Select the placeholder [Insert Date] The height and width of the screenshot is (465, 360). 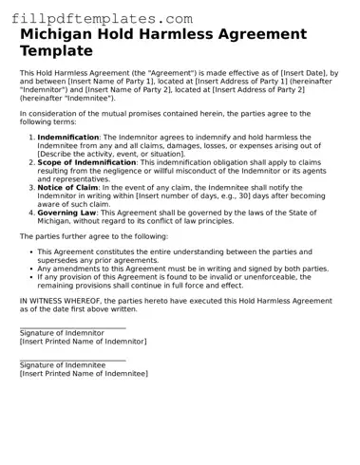pos(274,73)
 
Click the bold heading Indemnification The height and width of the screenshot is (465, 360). pos(68,138)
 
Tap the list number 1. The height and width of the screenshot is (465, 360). pos(30,138)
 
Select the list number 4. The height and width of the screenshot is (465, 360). pos(30,213)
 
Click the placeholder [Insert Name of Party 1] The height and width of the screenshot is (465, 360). pos(96,82)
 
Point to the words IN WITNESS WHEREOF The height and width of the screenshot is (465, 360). pos(64,299)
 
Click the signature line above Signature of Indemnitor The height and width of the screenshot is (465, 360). pos(72,327)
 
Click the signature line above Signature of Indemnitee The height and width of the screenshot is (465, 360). pos(72,360)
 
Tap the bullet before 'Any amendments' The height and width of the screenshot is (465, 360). pos(31,269)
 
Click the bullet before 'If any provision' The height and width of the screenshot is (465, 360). pos(31,277)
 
